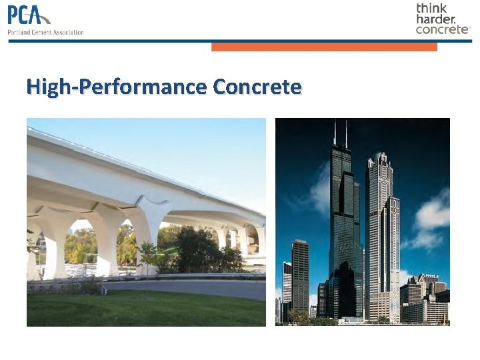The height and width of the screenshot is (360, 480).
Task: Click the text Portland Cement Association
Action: point(45,32)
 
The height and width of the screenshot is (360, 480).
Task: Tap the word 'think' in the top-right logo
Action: point(431,8)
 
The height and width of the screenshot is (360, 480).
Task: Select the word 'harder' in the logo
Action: point(435,19)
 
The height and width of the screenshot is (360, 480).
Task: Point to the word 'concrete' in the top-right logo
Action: point(442,29)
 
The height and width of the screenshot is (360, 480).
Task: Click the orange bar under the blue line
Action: point(324,47)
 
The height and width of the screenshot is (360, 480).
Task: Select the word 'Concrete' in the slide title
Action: point(257,87)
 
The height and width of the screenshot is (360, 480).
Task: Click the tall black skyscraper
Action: point(344,220)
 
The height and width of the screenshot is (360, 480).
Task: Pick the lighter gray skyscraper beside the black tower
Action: point(381,233)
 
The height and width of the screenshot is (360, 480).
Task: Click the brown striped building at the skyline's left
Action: point(300,273)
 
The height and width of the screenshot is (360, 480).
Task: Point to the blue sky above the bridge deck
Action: point(200,147)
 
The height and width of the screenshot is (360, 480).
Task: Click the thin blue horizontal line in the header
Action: point(240,41)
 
